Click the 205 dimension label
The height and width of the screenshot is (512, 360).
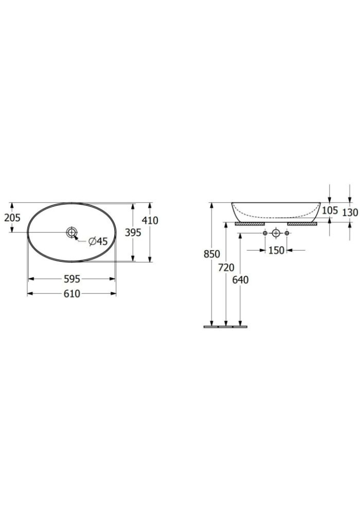point(12,218)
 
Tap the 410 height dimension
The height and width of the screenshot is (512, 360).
point(150,220)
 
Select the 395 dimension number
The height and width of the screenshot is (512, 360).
point(133,233)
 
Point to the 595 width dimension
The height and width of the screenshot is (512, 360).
point(72,279)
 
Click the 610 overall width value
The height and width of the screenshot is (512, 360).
point(72,294)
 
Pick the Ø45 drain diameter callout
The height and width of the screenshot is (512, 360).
point(98,242)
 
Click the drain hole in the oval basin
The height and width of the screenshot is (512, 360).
point(71,233)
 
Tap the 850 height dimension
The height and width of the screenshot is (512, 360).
point(212,254)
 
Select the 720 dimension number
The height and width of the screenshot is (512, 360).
point(226,268)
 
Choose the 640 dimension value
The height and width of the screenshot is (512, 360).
point(241,280)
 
